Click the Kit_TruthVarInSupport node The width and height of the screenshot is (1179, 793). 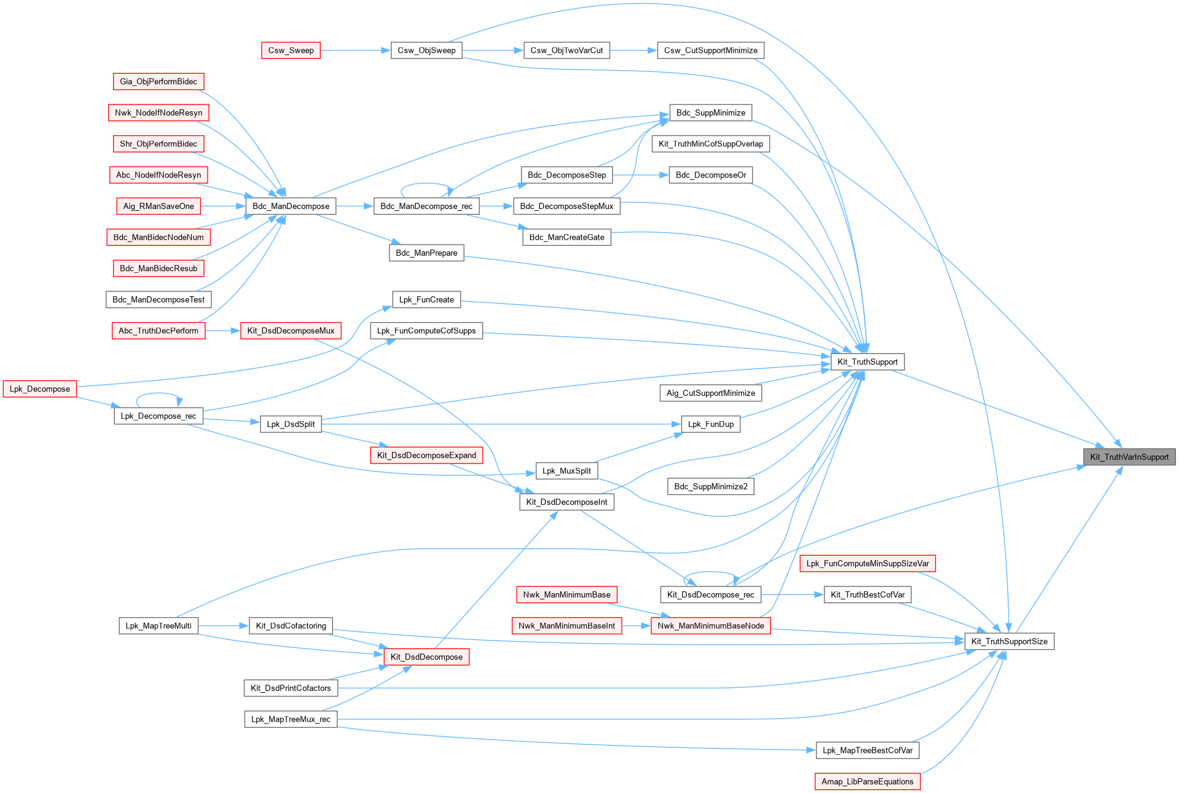click(x=1129, y=457)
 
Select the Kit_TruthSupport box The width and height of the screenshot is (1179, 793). click(x=867, y=361)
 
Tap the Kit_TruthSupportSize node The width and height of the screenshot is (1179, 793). click(x=1009, y=641)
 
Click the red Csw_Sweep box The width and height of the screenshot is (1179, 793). click(x=291, y=50)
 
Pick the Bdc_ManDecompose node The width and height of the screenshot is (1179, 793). click(x=291, y=206)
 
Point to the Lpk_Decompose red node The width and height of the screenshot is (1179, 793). click(x=40, y=389)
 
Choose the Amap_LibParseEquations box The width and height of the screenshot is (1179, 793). click(x=868, y=781)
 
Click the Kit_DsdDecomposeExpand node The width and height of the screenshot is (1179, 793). click(x=426, y=455)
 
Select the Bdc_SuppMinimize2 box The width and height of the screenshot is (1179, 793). click(x=711, y=486)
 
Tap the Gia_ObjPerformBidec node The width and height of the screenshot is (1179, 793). click(x=159, y=81)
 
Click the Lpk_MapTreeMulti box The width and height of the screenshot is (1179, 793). click(x=159, y=626)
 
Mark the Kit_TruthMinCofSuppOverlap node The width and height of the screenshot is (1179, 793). click(x=711, y=144)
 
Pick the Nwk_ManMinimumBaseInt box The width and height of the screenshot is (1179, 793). click(x=566, y=626)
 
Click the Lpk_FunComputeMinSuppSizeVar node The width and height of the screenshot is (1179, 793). click(x=868, y=563)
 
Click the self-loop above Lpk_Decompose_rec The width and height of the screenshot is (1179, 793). click(x=159, y=394)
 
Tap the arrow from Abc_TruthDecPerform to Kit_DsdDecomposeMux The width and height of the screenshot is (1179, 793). click(x=222, y=331)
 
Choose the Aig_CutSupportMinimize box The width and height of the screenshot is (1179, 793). click(x=711, y=393)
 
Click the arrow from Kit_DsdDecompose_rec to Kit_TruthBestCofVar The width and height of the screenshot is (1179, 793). click(x=792, y=594)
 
